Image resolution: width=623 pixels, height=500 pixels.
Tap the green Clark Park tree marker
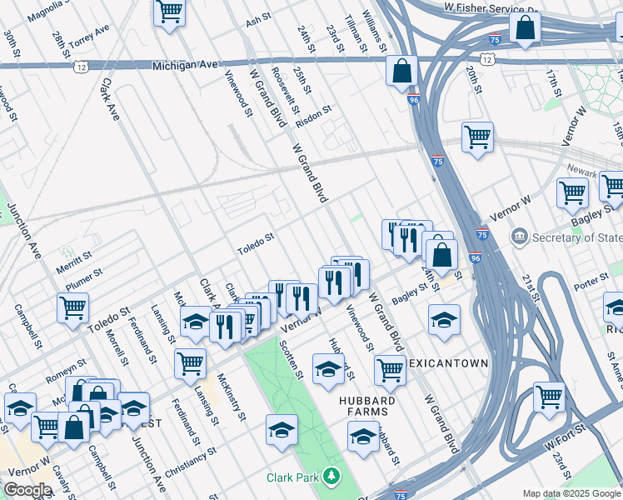pyautogui.click(x=332, y=477)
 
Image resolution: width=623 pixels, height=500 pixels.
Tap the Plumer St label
pyautogui.click(x=85, y=276)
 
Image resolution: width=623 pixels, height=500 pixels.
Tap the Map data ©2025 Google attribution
pyautogui.click(x=571, y=493)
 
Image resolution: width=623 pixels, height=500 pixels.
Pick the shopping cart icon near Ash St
pyautogui.click(x=170, y=11)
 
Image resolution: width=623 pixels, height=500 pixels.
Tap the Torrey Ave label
pyautogui.click(x=91, y=36)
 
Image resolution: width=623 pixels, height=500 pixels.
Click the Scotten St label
pyautogui.click(x=291, y=359)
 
